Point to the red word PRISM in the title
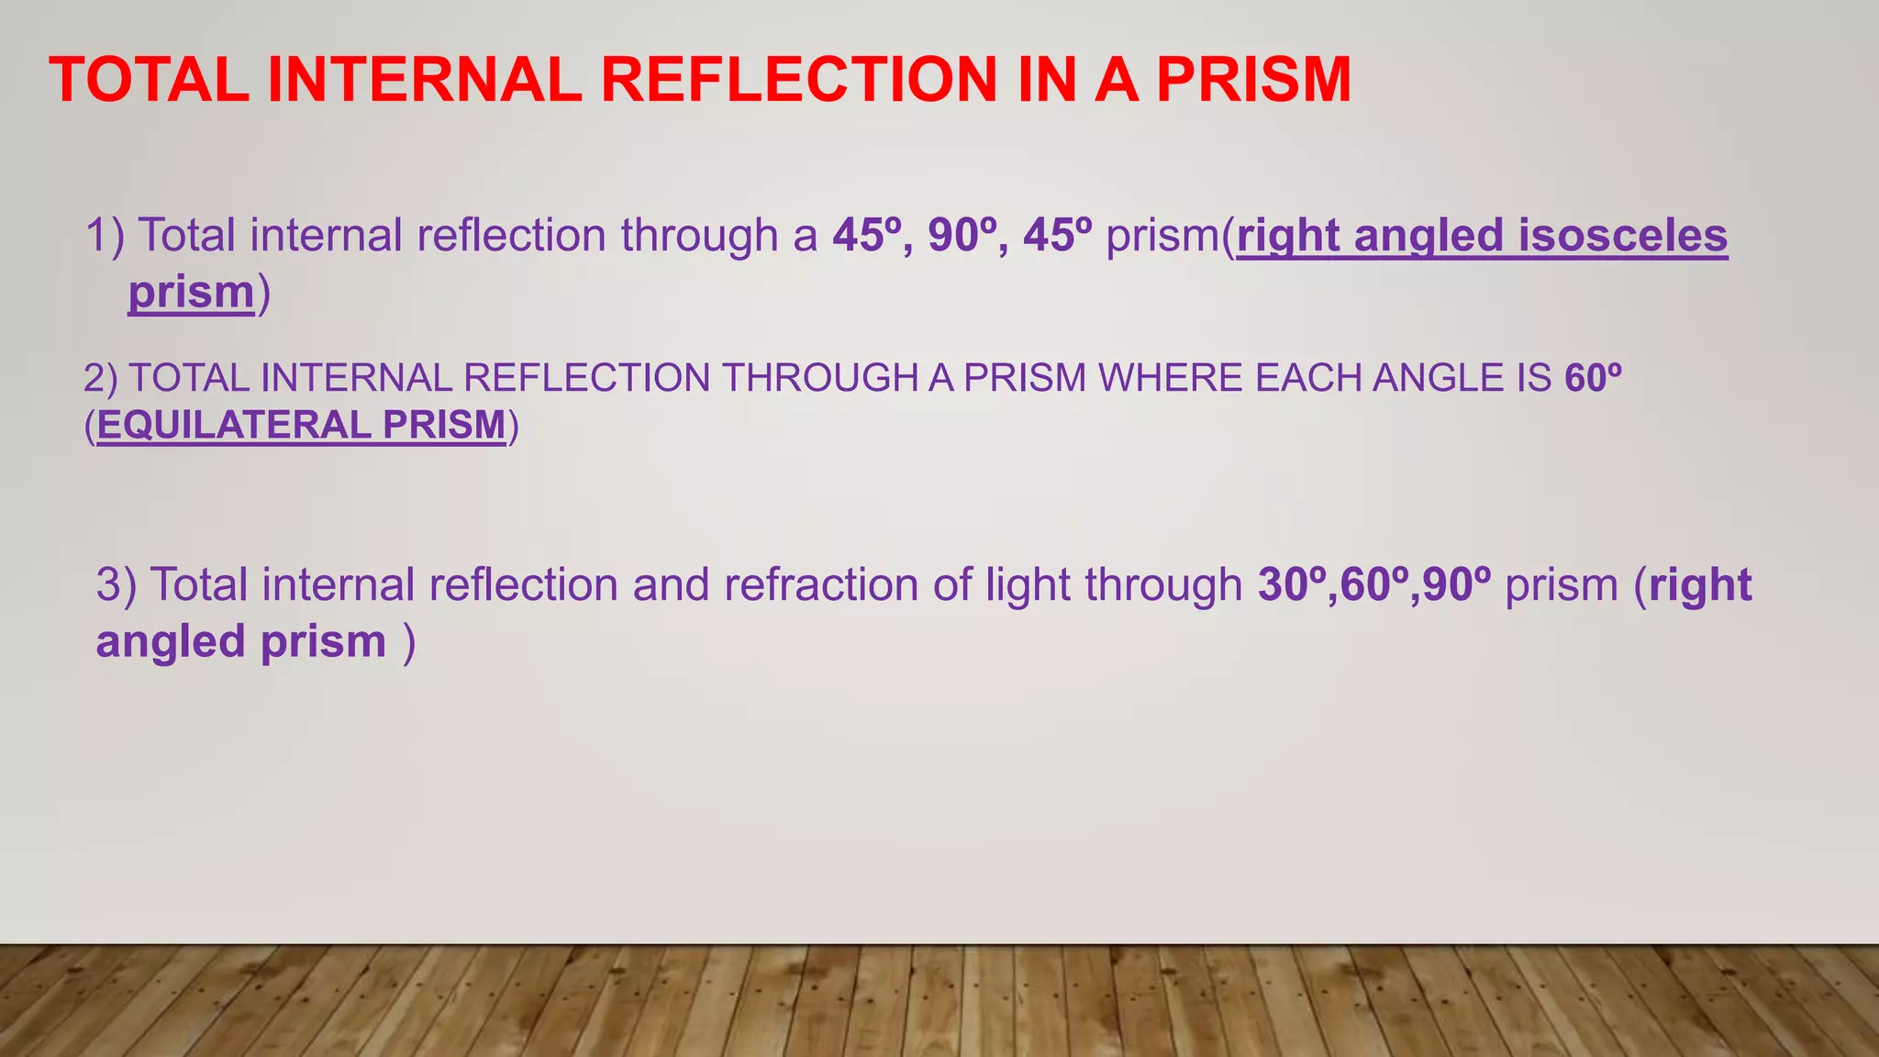tap(1253, 80)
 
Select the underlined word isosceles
tap(1623, 235)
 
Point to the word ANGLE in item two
tap(1437, 378)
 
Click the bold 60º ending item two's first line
tap(1593, 378)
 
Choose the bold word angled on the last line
tap(171, 641)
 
